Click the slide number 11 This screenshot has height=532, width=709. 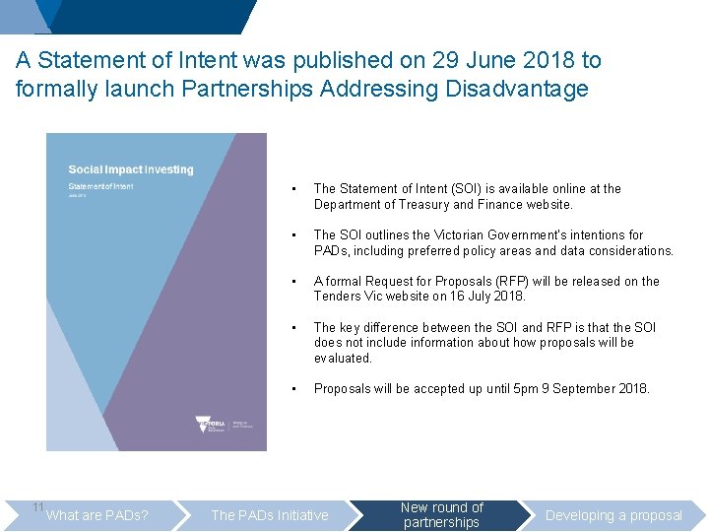point(37,506)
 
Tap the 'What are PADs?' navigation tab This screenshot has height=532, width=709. point(97,515)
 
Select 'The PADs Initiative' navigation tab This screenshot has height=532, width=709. point(270,515)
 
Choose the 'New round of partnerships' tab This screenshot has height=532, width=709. point(442,514)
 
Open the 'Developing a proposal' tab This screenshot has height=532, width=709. point(613,515)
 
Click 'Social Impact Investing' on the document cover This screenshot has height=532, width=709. point(131,169)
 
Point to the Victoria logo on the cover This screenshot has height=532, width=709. point(212,425)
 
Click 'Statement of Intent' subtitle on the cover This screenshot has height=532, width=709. point(101,185)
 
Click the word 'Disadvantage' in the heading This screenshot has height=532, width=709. point(517,89)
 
